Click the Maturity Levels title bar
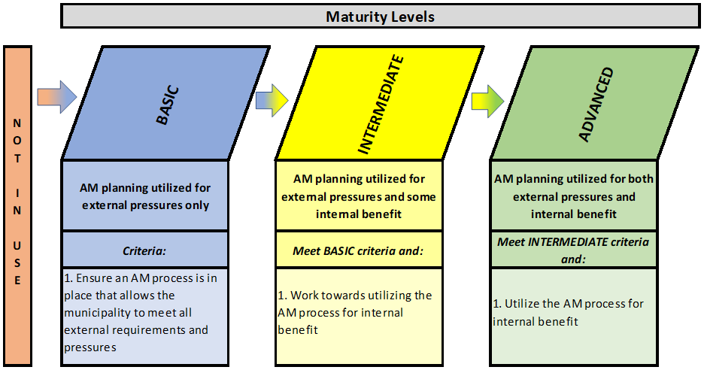[381, 16]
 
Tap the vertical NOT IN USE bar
[17, 205]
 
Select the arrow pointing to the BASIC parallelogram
[57, 97]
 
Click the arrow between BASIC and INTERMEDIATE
[272, 100]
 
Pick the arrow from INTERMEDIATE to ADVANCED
[487, 101]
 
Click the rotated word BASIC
[168, 105]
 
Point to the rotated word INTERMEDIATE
[381, 105]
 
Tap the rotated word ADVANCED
[596, 105]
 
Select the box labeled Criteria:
[144, 250]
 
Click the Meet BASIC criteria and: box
[359, 250]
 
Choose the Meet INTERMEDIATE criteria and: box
[574, 250]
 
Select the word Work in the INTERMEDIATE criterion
[304, 296]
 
